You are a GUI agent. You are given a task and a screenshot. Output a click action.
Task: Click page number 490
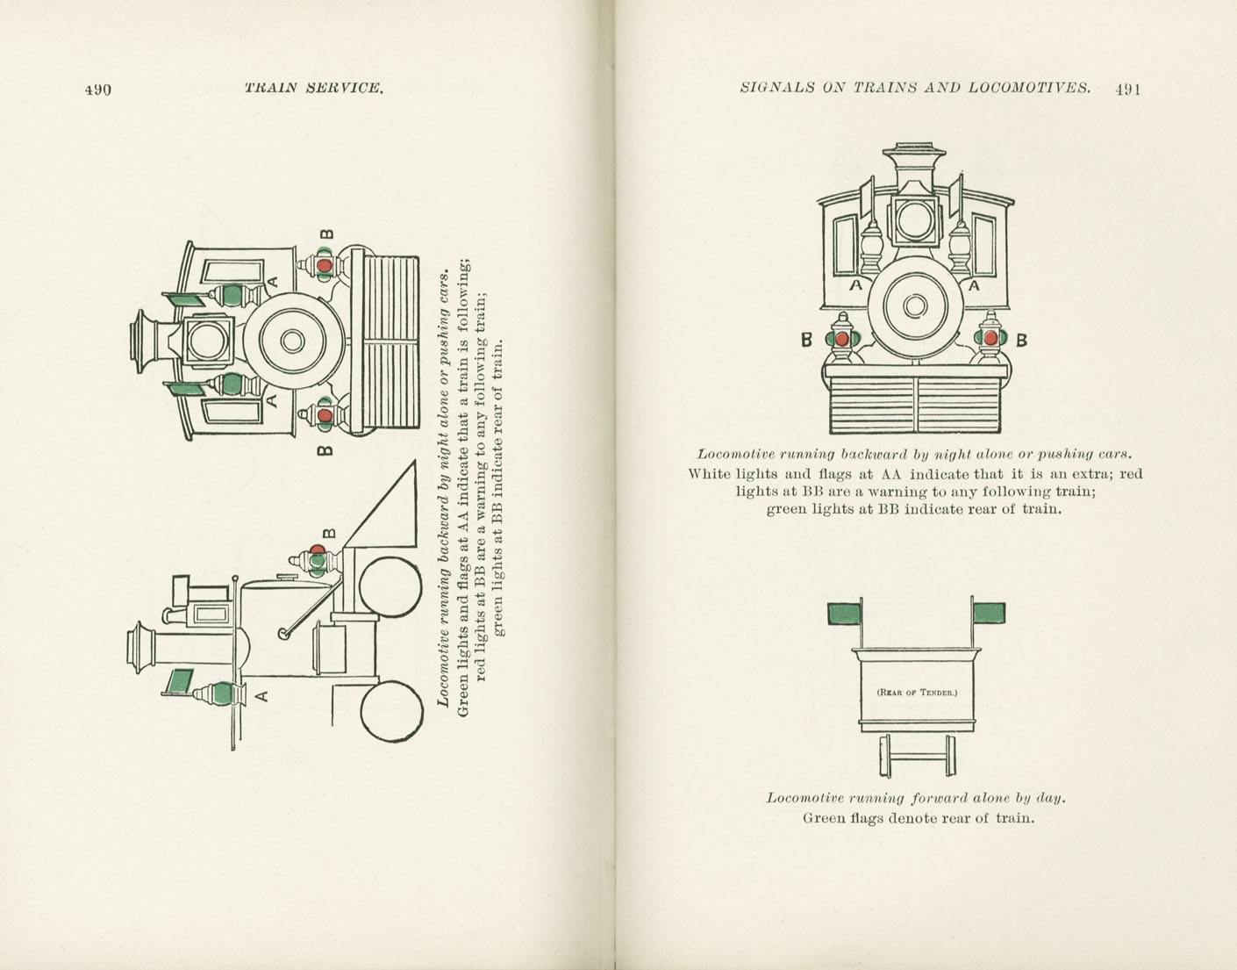click(97, 89)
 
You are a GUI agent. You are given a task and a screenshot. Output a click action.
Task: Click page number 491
click(1127, 89)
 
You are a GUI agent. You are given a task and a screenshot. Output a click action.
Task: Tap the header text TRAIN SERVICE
click(314, 88)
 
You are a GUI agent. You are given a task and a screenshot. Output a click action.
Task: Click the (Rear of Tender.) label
click(917, 692)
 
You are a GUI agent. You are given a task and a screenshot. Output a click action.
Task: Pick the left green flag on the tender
click(845, 613)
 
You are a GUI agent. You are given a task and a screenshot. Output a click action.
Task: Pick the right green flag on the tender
click(989, 612)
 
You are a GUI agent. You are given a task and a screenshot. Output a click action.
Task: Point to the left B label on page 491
click(806, 340)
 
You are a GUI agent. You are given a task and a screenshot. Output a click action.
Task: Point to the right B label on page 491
click(1021, 340)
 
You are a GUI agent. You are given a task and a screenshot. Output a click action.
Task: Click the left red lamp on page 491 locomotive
click(842, 339)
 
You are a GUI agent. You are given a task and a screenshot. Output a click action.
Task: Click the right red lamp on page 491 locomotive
click(990, 338)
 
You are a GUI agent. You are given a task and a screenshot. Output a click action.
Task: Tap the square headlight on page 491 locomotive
click(915, 219)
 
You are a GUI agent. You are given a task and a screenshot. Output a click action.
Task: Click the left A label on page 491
click(855, 285)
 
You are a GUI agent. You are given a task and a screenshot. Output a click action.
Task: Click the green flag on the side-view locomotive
click(180, 681)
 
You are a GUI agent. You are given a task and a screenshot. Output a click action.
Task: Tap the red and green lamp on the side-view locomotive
click(317, 558)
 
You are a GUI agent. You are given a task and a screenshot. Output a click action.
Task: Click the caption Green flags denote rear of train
click(918, 818)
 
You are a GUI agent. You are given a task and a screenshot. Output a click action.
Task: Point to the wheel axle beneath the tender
click(917, 755)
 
